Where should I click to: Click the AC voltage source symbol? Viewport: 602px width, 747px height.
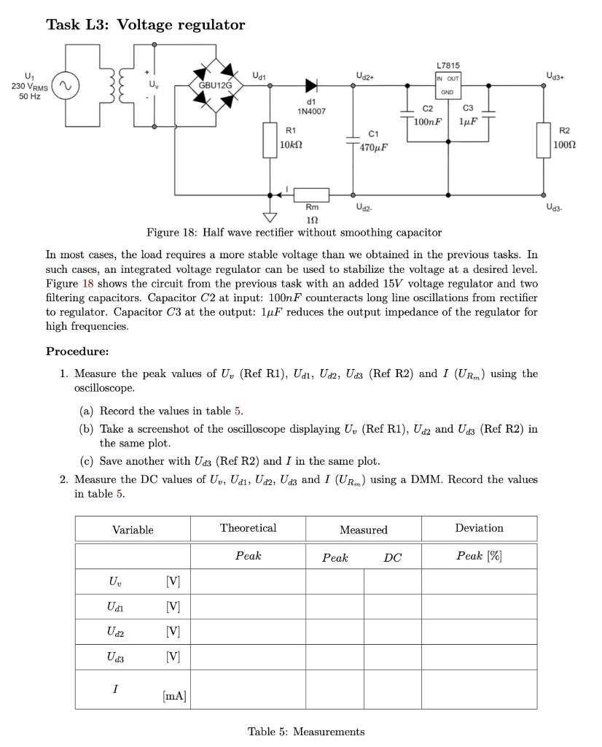click(65, 85)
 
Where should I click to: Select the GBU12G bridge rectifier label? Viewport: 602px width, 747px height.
click(215, 85)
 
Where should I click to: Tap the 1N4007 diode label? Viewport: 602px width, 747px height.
click(311, 111)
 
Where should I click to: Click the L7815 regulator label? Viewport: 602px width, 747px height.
click(447, 66)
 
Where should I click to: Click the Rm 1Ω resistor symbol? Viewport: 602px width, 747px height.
click(311, 195)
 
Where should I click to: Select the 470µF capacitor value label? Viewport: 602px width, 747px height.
click(374, 147)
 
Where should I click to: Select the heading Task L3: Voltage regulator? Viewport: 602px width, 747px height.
click(146, 26)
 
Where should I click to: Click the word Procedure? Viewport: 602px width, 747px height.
click(77, 351)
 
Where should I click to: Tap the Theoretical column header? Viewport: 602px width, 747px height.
click(248, 527)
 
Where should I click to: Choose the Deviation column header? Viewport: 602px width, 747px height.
click(479, 527)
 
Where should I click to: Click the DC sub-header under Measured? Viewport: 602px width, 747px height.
click(392, 557)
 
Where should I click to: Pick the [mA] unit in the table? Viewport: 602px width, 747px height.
click(173, 697)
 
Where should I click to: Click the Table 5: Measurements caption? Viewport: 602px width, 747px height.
click(306, 732)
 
